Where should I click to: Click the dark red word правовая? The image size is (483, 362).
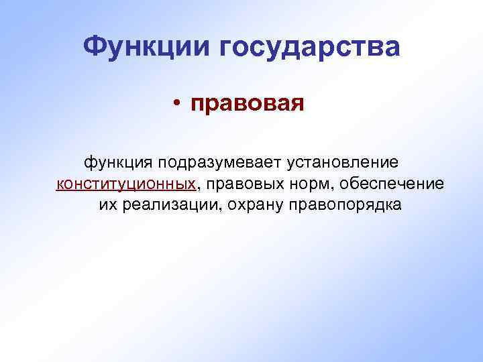pos(247,104)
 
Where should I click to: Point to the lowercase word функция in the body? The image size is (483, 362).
pos(118,162)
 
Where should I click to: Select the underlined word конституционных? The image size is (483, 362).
pos(126,184)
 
